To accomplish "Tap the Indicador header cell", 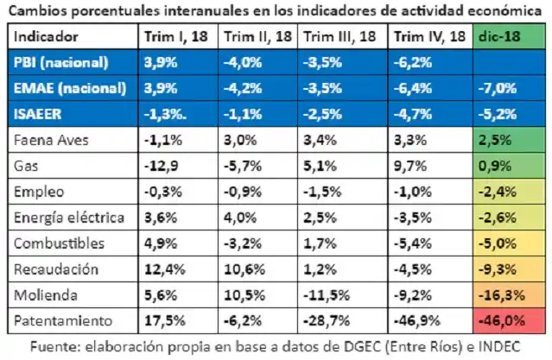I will [x=47, y=38].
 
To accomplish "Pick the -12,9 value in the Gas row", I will [x=162, y=164].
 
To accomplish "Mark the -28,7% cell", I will [x=326, y=320].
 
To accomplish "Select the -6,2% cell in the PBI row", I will [x=412, y=63].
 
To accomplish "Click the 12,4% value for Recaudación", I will [x=164, y=268].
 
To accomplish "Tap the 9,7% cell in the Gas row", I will [x=409, y=164].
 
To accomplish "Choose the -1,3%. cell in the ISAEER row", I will [x=168, y=112].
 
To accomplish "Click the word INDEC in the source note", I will [x=499, y=344].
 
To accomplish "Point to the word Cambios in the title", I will [x=36, y=10].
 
